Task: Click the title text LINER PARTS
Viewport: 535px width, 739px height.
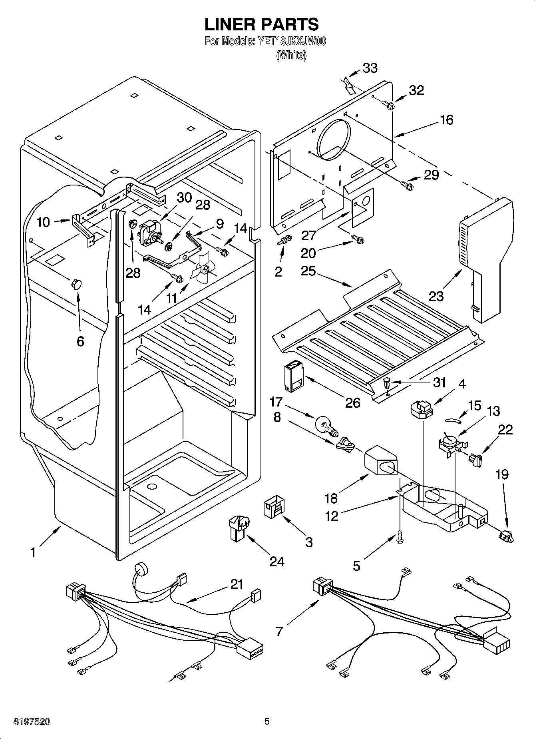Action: pos(262,24)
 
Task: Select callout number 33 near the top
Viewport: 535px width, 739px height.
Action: pos(370,68)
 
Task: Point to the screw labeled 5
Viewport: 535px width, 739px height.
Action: pos(400,538)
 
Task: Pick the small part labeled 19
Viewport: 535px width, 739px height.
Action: pos(506,536)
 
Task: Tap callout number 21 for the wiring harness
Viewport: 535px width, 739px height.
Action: pos(237,584)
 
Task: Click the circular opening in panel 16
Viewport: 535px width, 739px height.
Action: pos(334,140)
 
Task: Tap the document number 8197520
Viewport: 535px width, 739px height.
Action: pos(32,721)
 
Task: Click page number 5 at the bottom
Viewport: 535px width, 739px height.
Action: pos(267,721)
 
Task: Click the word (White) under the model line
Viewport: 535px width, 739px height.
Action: pos(291,55)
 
